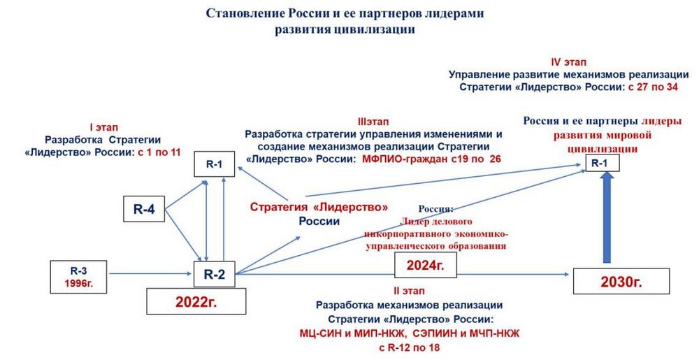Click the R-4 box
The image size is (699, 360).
[144, 209]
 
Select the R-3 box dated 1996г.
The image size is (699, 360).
[78, 277]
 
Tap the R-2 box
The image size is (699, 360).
[214, 275]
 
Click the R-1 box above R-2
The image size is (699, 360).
[214, 164]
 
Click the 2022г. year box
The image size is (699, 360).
[196, 302]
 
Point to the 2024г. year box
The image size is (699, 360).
[425, 266]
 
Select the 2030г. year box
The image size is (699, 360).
[621, 281]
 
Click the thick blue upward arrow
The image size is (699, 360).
[605, 217]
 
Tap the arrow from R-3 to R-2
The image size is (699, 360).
[151, 274]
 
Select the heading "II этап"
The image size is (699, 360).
[409, 291]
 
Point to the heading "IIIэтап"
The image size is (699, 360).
[373, 122]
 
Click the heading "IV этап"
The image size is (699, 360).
[568, 62]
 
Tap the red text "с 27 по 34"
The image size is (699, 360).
[653, 87]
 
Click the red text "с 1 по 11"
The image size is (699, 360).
[159, 152]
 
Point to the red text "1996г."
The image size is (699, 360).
[78, 283]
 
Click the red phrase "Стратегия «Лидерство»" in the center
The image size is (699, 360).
[319, 207]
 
